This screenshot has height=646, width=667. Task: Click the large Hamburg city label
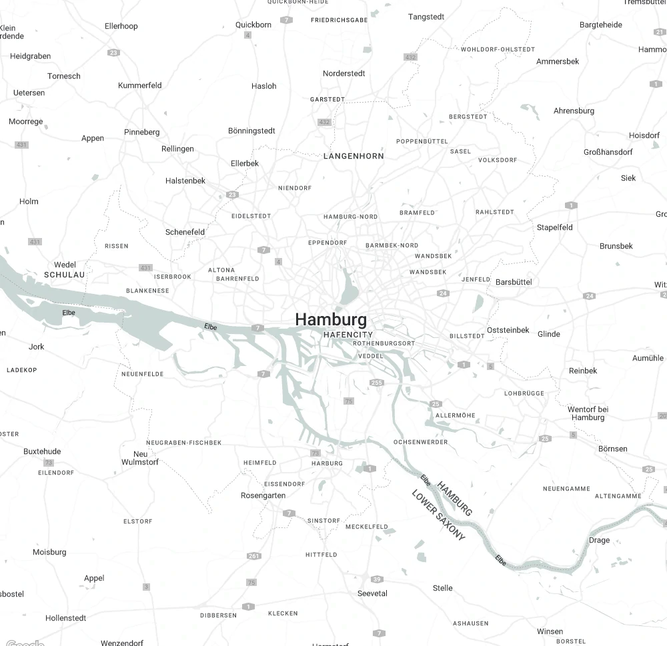click(x=331, y=319)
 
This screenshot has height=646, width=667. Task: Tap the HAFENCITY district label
click(x=348, y=335)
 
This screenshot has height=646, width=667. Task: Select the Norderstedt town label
click(x=344, y=73)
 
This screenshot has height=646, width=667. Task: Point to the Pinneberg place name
click(x=142, y=132)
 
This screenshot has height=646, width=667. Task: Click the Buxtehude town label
click(x=42, y=451)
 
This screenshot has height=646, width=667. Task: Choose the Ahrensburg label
click(x=574, y=111)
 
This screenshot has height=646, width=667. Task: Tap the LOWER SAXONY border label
click(x=438, y=515)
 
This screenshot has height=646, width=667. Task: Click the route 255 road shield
click(x=377, y=383)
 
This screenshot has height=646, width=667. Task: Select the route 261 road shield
click(x=253, y=556)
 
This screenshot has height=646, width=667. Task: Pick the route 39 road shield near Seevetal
click(x=378, y=579)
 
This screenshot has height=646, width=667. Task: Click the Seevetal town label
click(x=372, y=593)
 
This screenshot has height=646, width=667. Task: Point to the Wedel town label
click(x=65, y=265)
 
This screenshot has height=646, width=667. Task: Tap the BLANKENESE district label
click(x=147, y=291)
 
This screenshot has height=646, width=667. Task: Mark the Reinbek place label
click(x=583, y=371)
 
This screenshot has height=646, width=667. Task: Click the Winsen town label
click(x=550, y=631)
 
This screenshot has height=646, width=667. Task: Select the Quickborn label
click(x=253, y=25)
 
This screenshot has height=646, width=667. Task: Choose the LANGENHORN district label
click(x=354, y=156)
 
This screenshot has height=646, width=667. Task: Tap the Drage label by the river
click(x=599, y=540)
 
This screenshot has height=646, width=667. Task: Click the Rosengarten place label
click(x=263, y=495)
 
